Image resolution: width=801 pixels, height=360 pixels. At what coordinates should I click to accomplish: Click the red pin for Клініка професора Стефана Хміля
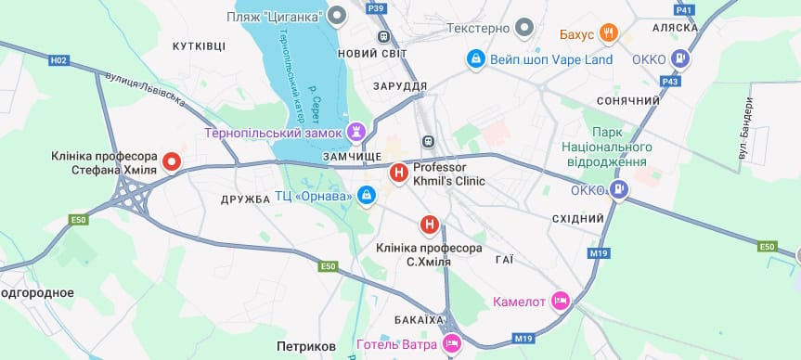point(172,161)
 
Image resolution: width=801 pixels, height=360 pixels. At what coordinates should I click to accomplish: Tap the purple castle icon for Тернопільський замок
point(355,132)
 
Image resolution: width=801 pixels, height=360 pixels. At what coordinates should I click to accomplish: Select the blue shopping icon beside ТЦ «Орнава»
point(367,196)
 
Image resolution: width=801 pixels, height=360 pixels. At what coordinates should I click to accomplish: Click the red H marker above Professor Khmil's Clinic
point(398,172)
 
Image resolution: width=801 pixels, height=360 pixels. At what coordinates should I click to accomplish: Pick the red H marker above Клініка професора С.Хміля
point(430,224)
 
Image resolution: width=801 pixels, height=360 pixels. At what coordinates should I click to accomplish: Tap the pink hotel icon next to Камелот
point(560,301)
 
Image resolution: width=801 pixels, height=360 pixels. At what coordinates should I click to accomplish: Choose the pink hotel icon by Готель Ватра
point(452,343)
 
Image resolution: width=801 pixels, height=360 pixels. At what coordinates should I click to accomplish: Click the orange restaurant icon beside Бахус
point(609,34)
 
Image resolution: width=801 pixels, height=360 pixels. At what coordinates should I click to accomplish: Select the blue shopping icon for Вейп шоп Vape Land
point(475,59)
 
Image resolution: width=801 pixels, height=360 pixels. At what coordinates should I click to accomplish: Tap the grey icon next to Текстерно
point(524,28)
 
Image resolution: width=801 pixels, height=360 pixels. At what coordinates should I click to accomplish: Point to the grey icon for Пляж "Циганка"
point(338,16)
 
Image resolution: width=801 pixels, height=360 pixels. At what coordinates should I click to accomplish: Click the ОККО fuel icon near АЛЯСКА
point(681,59)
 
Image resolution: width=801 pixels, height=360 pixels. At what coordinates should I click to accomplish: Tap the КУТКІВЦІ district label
point(199,45)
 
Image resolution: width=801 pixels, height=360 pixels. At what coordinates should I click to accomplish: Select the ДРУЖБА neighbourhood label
point(245,199)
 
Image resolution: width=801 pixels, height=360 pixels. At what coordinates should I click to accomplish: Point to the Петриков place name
point(306,346)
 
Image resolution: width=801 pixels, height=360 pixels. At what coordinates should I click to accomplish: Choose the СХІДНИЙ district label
point(577,218)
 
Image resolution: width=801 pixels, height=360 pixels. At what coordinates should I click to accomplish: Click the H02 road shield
point(59,60)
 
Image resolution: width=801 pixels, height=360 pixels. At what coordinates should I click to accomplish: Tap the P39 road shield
point(376,8)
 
